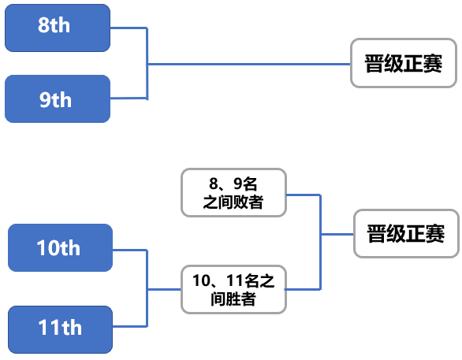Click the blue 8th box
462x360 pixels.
pos(58,28)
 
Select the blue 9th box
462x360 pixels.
pos(58,98)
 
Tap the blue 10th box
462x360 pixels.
pos(60,247)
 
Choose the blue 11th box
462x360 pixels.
pos(60,329)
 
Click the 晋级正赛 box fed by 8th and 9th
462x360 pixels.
pos(404,63)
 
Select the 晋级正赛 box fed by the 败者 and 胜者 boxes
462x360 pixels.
pos(406,234)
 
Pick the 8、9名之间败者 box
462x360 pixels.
pos(233,193)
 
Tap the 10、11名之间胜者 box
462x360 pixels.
pos(233,290)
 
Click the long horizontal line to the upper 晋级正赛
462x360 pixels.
pos(249,64)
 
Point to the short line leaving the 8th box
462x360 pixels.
pos(129,28)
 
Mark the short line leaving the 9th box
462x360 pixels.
pos(129,98)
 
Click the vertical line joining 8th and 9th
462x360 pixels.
pos(147,63)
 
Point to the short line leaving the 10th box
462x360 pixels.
pos(130,251)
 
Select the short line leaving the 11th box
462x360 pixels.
pos(130,326)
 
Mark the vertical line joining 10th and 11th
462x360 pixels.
pos(147,288)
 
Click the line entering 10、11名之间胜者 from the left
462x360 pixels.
pos(164,289)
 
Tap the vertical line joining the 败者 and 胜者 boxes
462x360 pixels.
pos(320,242)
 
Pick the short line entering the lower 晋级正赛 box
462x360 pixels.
pos(337,234)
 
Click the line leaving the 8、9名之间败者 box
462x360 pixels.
pos(304,195)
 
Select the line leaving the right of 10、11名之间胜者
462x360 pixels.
pos(303,289)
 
